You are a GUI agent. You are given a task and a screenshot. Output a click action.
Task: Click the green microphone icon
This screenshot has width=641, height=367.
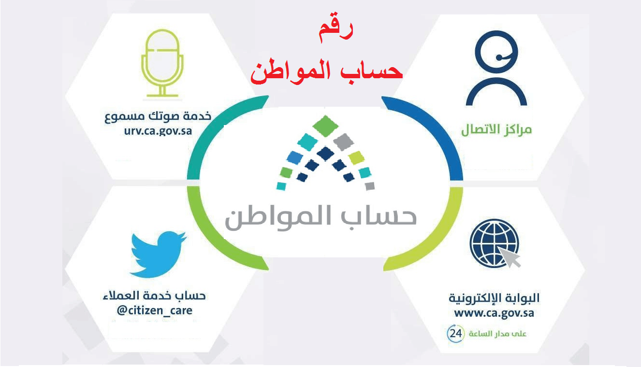tap(163, 63)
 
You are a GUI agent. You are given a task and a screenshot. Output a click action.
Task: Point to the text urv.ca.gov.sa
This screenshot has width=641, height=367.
tap(158, 131)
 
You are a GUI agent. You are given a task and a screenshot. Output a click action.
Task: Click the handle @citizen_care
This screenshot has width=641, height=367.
tap(154, 310)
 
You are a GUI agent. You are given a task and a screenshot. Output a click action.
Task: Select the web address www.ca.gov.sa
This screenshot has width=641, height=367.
tap(494, 312)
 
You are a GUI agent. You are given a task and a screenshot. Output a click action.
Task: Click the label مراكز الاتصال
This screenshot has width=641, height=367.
tap(496, 129)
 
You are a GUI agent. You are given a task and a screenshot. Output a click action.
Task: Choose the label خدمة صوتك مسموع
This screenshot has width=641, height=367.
tap(158, 117)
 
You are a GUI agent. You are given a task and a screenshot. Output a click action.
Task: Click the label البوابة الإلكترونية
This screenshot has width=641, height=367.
tap(494, 298)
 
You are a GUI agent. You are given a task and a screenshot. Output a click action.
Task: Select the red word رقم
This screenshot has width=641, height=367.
tap(336, 30)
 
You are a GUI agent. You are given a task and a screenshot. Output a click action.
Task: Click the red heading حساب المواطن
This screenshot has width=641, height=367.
tap(326, 71)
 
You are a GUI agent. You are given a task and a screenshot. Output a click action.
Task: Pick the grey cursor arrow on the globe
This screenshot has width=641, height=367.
tap(512, 259)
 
